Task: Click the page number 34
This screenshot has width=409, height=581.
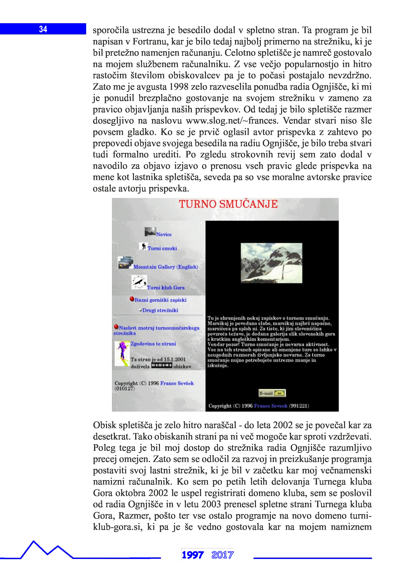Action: pyautogui.click(x=43, y=29)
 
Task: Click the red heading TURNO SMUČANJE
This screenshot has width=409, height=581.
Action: pyautogui.click(x=228, y=204)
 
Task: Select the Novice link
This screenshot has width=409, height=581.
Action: pyautogui.click(x=164, y=235)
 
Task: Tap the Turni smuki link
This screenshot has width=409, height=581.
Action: pyautogui.click(x=162, y=248)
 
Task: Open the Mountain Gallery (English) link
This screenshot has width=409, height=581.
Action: pyautogui.click(x=165, y=267)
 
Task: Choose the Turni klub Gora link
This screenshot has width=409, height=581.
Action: pyautogui.click(x=166, y=288)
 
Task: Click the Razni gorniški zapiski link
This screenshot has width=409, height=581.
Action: pyautogui.click(x=161, y=300)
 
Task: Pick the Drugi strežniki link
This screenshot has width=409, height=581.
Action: pyautogui.click(x=160, y=310)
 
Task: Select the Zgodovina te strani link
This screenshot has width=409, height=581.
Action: pyautogui.click(x=153, y=344)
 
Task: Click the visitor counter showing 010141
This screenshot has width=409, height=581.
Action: pyautogui.click(x=162, y=365)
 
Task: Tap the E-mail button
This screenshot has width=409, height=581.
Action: pyautogui.click(x=272, y=393)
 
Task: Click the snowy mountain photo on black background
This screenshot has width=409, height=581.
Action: pyautogui.click(x=271, y=263)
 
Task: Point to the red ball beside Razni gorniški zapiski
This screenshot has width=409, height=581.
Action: pyautogui.click(x=132, y=299)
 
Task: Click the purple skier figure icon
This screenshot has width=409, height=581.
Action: pyautogui.click(x=122, y=353)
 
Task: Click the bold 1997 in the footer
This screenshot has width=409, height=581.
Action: pyautogui.click(x=193, y=555)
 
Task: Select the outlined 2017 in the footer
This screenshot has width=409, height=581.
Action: pyautogui.click(x=223, y=555)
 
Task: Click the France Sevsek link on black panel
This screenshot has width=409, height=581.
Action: pyautogui.click(x=271, y=406)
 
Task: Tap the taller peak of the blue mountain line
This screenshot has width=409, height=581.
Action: pyautogui.click(x=33, y=541)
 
